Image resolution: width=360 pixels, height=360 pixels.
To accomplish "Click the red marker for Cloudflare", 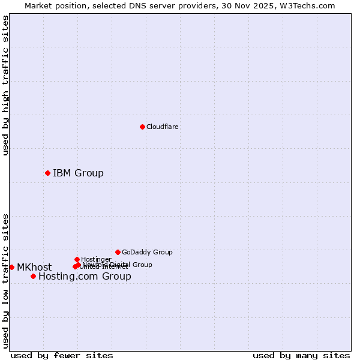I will tap(142, 127).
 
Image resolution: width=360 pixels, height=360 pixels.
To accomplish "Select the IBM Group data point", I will tap(47, 173).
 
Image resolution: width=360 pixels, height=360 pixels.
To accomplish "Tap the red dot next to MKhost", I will tap(11, 267).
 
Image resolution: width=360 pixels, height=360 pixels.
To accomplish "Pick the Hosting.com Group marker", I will tap(33, 276).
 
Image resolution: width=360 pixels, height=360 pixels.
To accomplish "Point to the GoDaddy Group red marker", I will tap(118, 252).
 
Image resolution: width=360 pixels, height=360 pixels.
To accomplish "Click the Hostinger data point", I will tap(77, 259).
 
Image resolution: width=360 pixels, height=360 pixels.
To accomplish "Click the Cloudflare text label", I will tap(162, 127).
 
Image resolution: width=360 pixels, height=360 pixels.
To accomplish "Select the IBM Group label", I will tap(78, 173).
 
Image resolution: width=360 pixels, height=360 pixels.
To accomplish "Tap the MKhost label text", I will tap(34, 268).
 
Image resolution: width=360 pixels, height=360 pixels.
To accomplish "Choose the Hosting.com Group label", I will tap(85, 277).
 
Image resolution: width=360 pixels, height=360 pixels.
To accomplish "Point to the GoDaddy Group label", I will tap(147, 252).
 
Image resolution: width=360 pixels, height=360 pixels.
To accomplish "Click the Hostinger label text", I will tap(96, 259).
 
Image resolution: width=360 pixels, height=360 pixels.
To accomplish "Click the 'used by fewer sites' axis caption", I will tap(62, 355).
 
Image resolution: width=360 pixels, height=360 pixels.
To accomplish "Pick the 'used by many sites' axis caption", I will tap(301, 355).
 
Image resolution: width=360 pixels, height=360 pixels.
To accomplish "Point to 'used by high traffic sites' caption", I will tap(5, 85).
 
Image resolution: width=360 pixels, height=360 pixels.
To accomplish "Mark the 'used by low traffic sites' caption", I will tap(5, 280).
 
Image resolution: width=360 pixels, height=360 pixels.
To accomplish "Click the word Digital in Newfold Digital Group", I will tap(121, 265).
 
